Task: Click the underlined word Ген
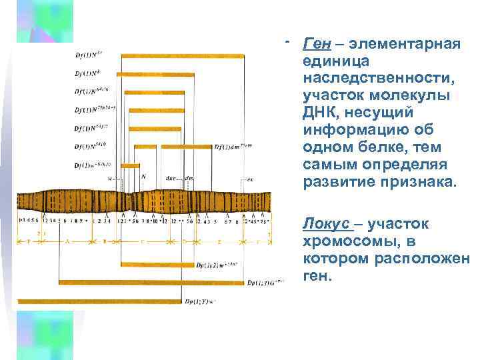317,44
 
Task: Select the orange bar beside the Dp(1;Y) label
100,301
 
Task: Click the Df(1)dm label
233,145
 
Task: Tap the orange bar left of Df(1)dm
186,146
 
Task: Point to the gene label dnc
171,177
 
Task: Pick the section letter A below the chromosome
67,241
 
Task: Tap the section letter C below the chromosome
143,241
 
